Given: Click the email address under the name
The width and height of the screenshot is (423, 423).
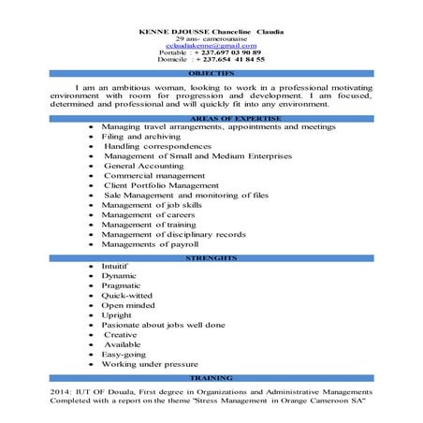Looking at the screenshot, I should [211, 45].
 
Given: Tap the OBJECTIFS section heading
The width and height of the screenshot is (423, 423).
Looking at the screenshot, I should [211, 72].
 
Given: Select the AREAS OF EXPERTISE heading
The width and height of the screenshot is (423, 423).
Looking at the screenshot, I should [211, 116].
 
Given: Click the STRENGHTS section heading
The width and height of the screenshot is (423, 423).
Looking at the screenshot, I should [211, 256].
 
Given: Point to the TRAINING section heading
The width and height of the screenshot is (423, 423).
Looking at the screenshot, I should [211, 377].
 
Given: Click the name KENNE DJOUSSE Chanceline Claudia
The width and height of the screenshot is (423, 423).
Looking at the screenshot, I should [211, 31].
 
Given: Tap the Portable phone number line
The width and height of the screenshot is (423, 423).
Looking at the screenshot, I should [211, 52].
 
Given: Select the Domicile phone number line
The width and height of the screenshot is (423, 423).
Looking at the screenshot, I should [211, 59].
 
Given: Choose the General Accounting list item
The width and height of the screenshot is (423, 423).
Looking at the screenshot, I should [146, 166].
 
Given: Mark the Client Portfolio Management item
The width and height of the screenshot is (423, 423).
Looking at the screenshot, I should [154, 185].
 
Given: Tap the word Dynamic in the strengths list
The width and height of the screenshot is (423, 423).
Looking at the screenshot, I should [119, 276].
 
